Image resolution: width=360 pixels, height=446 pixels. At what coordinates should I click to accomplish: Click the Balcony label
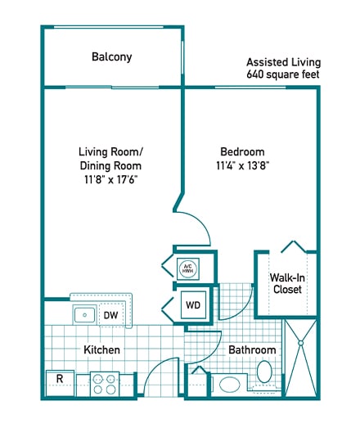click(x=112, y=57)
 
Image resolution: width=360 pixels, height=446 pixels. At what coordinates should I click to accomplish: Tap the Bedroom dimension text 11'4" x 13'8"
click(x=242, y=165)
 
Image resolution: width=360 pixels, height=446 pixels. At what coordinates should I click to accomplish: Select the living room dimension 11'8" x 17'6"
click(x=111, y=179)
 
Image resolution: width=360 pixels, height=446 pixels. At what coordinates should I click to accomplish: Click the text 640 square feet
click(x=283, y=74)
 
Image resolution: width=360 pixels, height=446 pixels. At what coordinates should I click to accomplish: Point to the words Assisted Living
click(x=284, y=62)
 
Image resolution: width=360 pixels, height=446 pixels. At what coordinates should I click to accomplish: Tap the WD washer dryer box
click(x=193, y=305)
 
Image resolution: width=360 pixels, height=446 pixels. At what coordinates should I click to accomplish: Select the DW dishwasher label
click(x=110, y=315)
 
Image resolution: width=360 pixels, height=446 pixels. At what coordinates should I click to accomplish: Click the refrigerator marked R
click(x=61, y=383)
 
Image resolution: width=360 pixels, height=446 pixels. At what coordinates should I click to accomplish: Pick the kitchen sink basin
click(x=84, y=315)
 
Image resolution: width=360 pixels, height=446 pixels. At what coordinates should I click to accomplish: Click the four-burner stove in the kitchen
click(x=105, y=384)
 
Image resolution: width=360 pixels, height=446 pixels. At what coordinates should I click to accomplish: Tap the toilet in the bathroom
click(x=264, y=372)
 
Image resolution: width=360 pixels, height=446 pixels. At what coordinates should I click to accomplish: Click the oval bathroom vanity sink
click(x=230, y=385)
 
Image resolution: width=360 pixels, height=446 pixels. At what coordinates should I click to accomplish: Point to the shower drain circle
click(x=300, y=344)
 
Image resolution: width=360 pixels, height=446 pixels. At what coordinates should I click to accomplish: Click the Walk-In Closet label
click(x=287, y=283)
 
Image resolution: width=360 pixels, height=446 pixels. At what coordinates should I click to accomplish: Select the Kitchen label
click(x=101, y=349)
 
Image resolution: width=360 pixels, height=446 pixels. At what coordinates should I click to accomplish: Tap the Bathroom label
click(x=252, y=349)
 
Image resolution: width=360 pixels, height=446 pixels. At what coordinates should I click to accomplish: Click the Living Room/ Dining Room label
click(x=111, y=159)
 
